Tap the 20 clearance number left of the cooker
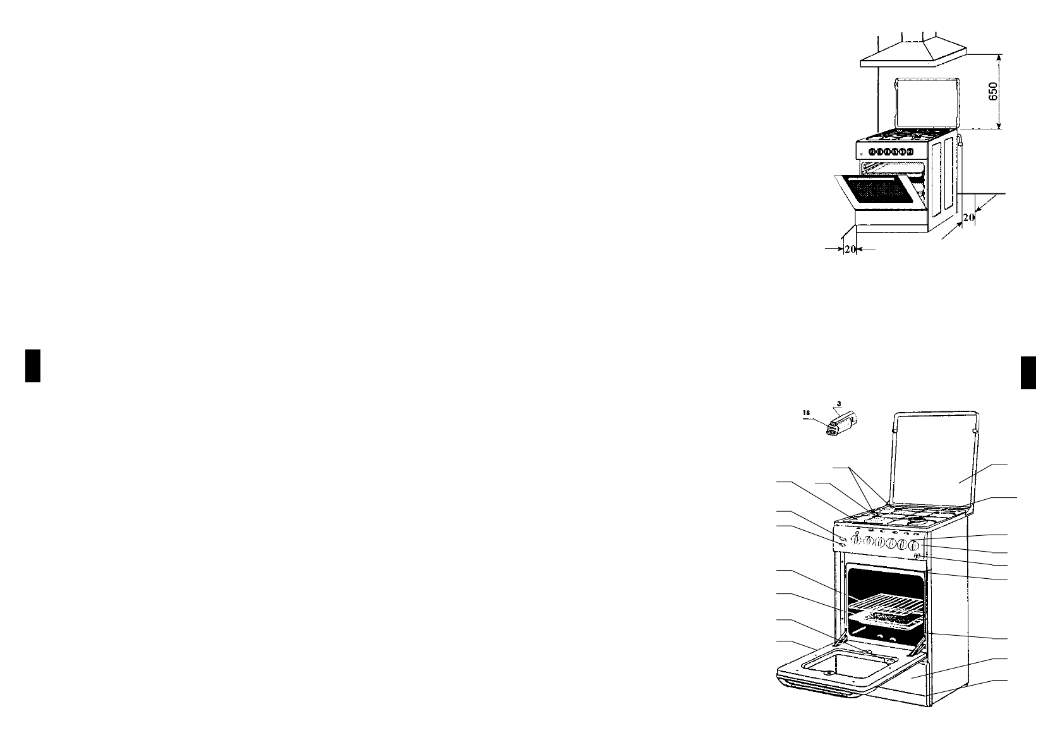click(x=850, y=250)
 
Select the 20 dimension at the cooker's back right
click(x=968, y=217)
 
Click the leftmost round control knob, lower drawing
click(x=854, y=541)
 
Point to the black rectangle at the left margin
click(x=33, y=365)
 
